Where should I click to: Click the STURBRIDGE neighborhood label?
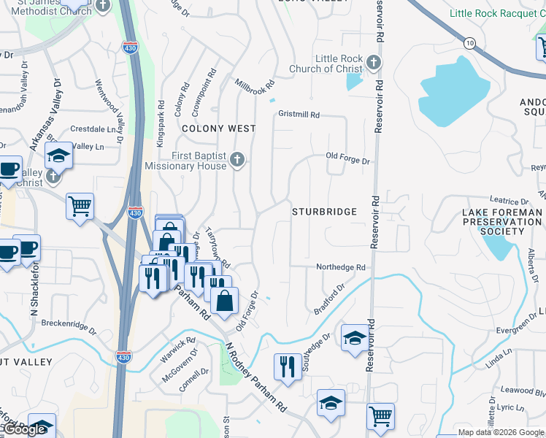pyautogui.click(x=325, y=212)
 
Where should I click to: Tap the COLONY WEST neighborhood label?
pyautogui.click(x=219, y=128)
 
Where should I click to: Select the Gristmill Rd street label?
pyautogui.click(x=299, y=115)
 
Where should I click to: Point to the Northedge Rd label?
pyautogui.click(x=340, y=268)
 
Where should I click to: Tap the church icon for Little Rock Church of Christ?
pyautogui.click(x=374, y=62)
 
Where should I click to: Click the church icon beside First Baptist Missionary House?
pyautogui.click(x=237, y=160)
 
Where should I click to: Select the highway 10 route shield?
pyautogui.click(x=469, y=42)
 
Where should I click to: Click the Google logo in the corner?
pyautogui.click(x=24, y=430)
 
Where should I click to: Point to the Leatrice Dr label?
pyautogui.click(x=509, y=200)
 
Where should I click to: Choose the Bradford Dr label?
pyautogui.click(x=328, y=300)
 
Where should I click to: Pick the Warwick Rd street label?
pyautogui.click(x=179, y=347)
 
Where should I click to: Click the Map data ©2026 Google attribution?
pyautogui.click(x=501, y=432)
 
